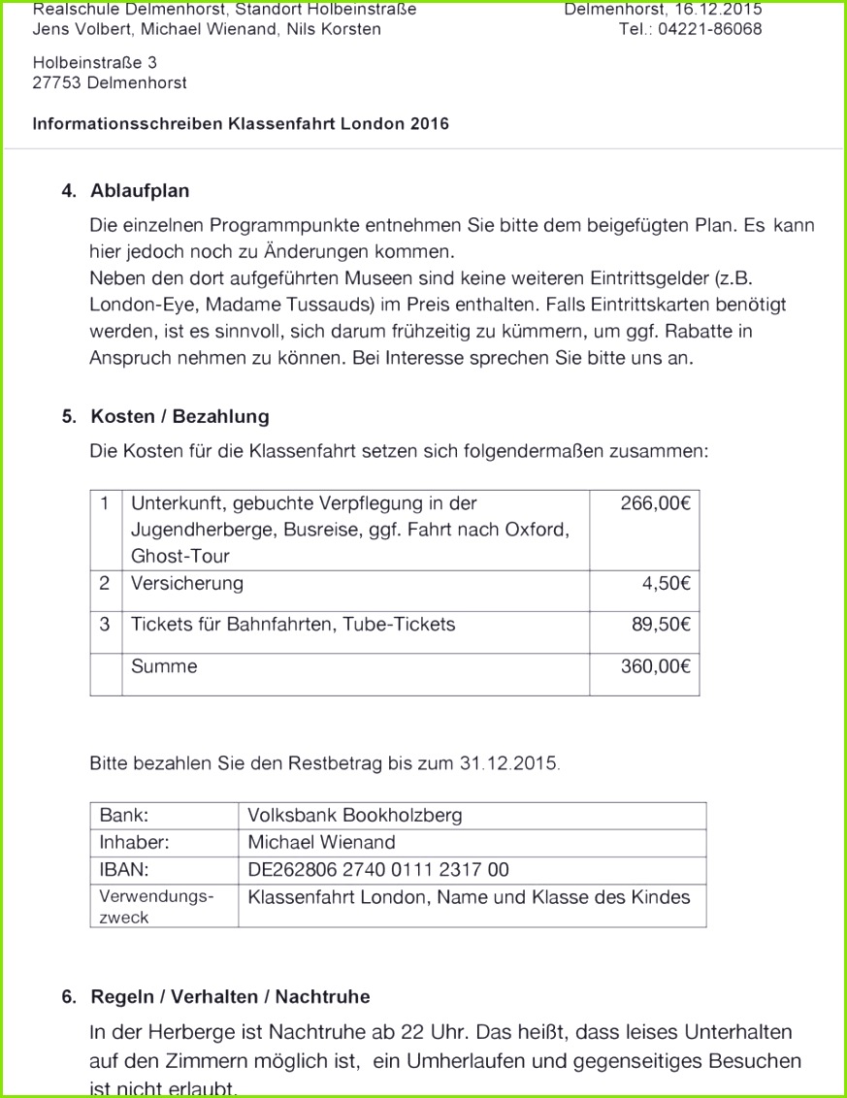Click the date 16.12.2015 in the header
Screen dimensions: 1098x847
[x=718, y=10]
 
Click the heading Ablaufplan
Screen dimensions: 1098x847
[x=140, y=190]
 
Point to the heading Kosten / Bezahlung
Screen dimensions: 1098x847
[x=179, y=416]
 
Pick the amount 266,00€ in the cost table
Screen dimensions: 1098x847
[x=655, y=503]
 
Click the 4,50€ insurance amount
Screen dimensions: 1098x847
[x=666, y=583]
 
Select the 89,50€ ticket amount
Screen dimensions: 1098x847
[x=661, y=625]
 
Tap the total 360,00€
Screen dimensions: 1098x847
[x=655, y=666]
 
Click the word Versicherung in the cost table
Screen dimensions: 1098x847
[x=187, y=583]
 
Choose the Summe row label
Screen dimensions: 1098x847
[x=164, y=666]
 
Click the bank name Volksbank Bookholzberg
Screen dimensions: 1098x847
[x=355, y=816]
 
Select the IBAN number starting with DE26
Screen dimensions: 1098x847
[x=378, y=870]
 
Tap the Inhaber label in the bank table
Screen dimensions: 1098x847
[x=134, y=843]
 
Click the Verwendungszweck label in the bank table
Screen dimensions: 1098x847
[x=156, y=906]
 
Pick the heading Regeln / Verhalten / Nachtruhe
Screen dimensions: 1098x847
[x=230, y=996]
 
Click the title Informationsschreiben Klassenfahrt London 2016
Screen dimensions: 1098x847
[x=241, y=124]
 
